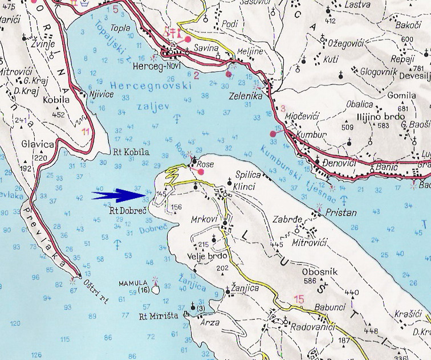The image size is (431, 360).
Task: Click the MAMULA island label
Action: pyautogui.click(x=133, y=283)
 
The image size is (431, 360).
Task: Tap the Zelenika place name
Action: pyautogui.click(x=246, y=97)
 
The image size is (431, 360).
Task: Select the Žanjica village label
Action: pyautogui.click(x=245, y=289)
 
